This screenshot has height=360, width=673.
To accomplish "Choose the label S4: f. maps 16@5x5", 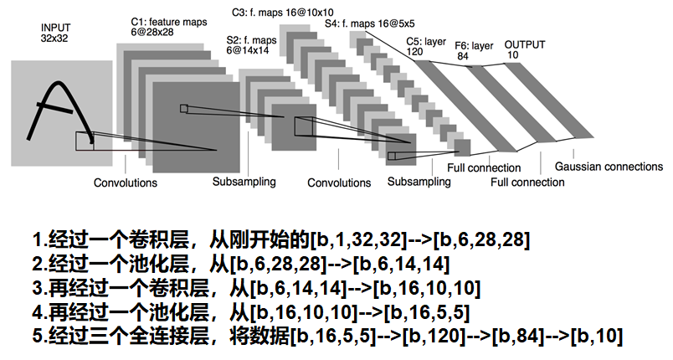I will (x=368, y=26).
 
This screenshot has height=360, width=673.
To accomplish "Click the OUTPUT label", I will (x=526, y=44).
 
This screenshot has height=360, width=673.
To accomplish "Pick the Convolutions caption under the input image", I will (x=125, y=183).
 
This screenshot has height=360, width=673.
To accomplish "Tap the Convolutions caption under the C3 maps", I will (x=339, y=183).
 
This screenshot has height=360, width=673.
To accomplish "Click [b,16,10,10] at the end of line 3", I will (x=427, y=290).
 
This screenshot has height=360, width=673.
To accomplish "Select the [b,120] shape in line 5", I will (x=434, y=337).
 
